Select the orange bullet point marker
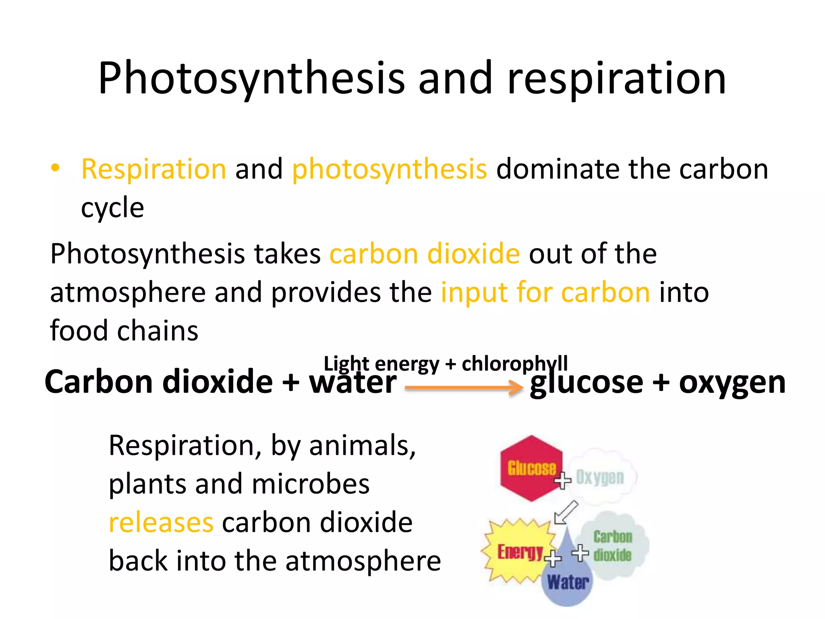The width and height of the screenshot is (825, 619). (x=56, y=168)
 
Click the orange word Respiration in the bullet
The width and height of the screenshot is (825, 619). (x=153, y=169)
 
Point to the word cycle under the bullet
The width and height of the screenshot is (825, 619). (x=112, y=208)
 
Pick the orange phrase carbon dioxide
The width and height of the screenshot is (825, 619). (x=425, y=254)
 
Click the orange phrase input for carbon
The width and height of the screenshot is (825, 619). (x=545, y=293)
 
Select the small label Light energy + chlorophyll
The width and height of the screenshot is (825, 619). (x=446, y=364)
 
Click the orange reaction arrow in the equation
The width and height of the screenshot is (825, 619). (x=463, y=388)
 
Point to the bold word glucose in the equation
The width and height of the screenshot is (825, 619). (x=586, y=383)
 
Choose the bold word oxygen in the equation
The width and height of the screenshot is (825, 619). (x=732, y=383)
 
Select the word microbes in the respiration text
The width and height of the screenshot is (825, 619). (x=310, y=484)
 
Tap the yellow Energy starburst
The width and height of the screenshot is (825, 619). (x=518, y=551)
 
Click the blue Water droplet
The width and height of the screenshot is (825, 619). (x=567, y=580)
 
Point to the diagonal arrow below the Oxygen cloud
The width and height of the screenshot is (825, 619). (x=566, y=513)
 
